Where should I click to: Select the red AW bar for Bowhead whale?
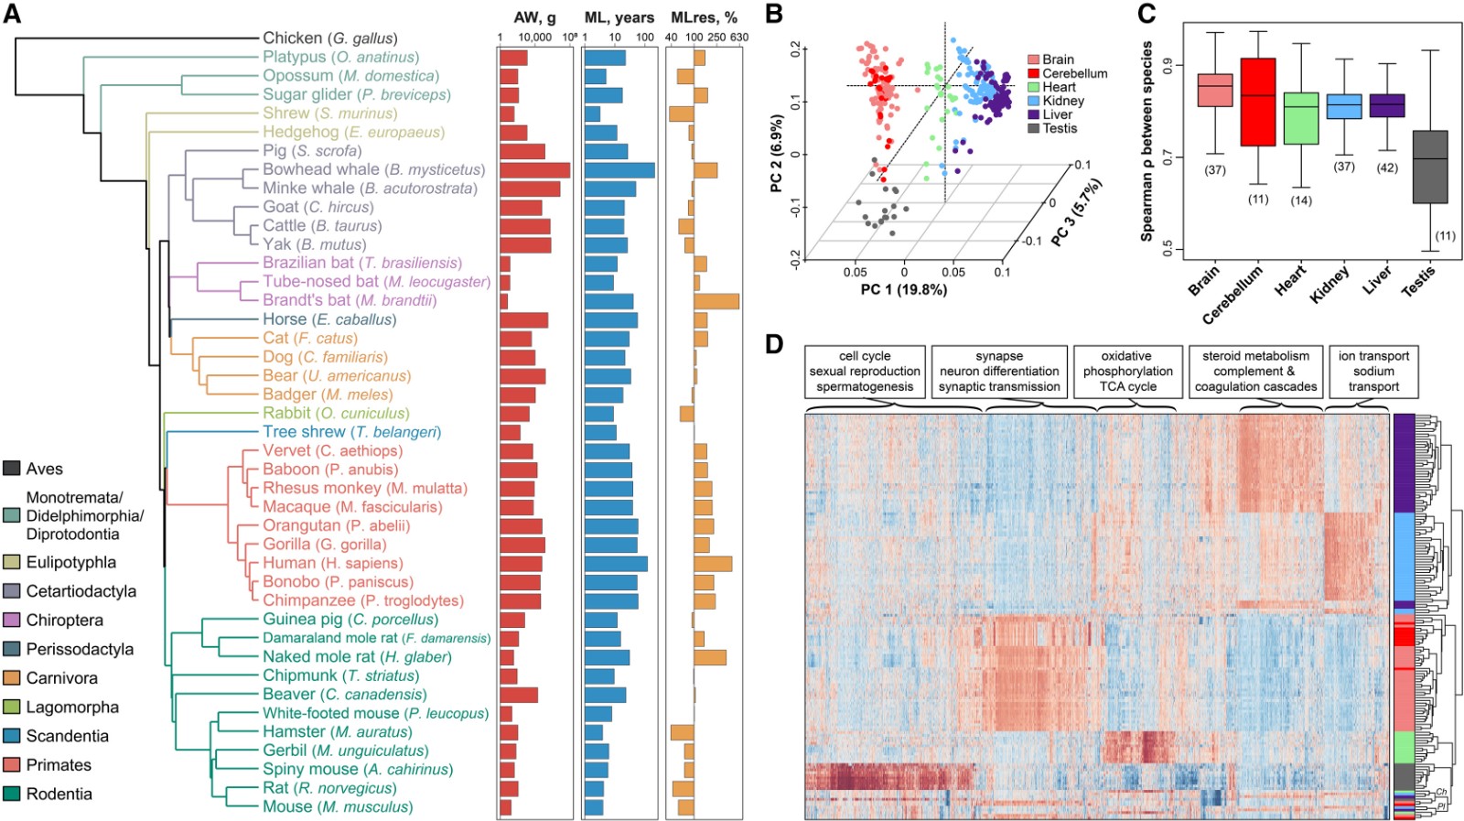[534, 170]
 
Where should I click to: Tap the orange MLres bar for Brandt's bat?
[716, 301]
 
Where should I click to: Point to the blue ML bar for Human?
[616, 564]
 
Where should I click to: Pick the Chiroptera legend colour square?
[12, 621]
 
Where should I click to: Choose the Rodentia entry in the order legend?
[59, 794]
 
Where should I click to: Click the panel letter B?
[774, 14]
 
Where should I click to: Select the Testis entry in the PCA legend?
[1060, 129]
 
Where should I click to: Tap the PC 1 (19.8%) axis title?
[904, 290]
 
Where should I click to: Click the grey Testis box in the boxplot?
[1430, 167]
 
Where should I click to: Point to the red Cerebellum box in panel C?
[1258, 102]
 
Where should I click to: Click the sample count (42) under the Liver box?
[1387, 168]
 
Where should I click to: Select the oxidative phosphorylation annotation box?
[1126, 372]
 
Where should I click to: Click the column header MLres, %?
[704, 17]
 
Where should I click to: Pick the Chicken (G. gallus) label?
[330, 38]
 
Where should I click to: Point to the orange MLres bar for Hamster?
[683, 732]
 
